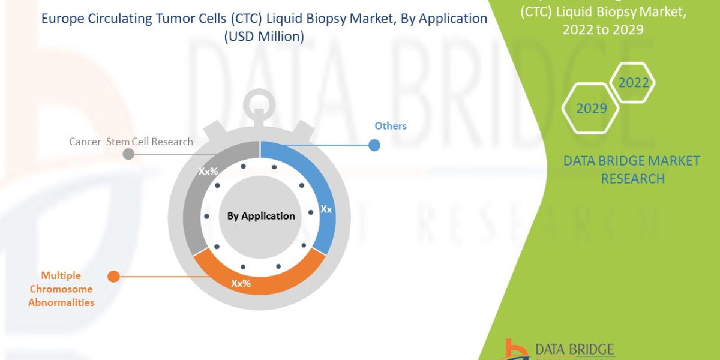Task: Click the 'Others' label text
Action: tap(391, 126)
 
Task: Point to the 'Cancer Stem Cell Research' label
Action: tap(131, 142)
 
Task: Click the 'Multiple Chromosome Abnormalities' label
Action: tap(61, 289)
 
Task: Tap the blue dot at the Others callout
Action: tap(374, 145)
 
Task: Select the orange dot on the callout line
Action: tap(113, 276)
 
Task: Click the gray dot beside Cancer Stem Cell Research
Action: tap(128, 154)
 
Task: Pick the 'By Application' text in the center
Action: tap(261, 216)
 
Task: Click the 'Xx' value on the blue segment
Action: tap(326, 209)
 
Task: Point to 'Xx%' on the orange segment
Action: tap(241, 283)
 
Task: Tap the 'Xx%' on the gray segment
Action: tap(208, 171)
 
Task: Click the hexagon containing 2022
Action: tap(633, 83)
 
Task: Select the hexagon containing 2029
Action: tap(591, 109)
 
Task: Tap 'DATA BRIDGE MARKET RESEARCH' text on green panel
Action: tap(632, 170)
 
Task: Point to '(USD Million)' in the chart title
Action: tap(264, 37)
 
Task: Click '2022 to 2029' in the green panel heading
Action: tap(602, 29)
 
